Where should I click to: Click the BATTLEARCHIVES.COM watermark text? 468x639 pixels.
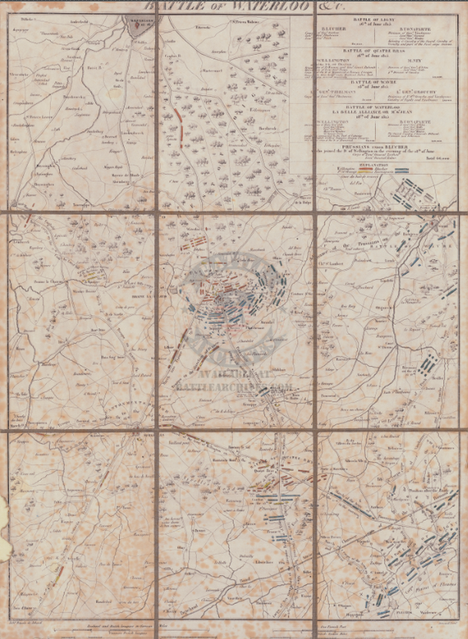pyautogui.click(x=234, y=385)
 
